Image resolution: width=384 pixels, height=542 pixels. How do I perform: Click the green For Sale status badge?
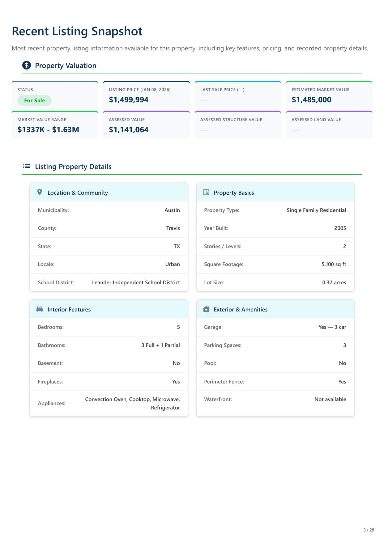35,100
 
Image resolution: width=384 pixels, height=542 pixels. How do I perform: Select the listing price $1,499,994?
129,100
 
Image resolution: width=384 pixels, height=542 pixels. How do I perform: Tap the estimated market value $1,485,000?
311,100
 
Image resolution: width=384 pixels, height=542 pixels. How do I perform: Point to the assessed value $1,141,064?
129,130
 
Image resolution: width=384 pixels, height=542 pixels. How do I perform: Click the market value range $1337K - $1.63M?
48,130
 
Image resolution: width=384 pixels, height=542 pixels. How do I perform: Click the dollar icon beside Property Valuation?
27,65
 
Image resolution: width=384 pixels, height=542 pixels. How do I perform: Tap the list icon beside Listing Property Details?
27,166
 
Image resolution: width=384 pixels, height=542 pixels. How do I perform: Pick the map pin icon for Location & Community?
40,192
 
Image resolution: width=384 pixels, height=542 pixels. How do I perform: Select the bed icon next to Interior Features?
40,309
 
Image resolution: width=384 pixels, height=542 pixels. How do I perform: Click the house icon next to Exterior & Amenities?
206,309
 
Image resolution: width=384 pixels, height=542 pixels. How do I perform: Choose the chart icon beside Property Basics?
206,192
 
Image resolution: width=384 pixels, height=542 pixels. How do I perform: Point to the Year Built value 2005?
340,228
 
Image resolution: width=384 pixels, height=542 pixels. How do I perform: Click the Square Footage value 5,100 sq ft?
334,264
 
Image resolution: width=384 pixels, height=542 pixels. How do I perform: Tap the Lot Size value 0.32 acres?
334,282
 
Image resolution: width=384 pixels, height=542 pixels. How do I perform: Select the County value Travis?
173,228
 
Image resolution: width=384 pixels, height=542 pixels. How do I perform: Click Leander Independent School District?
136,282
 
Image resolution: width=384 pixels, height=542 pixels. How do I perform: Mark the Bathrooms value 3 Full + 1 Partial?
160,345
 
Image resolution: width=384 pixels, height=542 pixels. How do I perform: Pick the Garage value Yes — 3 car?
332,327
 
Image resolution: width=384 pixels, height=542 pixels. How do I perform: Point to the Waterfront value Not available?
330,399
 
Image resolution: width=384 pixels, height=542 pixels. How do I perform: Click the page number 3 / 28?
369,530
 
